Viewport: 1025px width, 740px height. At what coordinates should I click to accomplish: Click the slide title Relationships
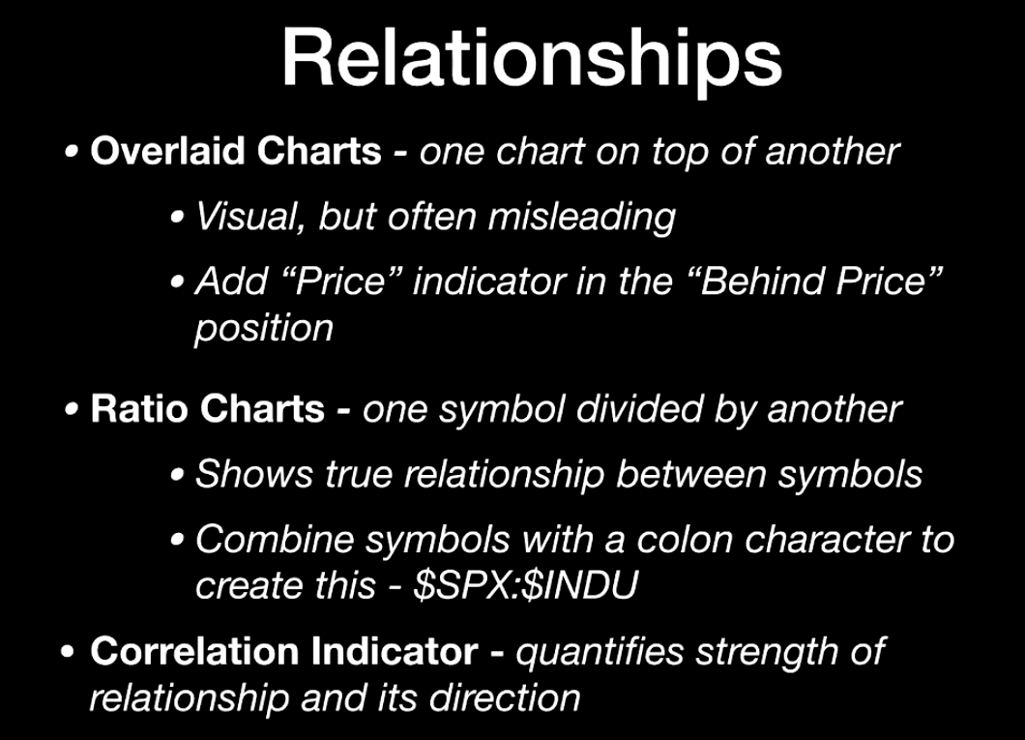tap(532, 61)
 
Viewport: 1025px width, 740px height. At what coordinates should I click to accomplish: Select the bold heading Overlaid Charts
tap(236, 151)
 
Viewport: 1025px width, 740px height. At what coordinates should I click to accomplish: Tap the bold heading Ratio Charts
tap(208, 409)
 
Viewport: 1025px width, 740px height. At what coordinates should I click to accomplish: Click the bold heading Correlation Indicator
tap(284, 652)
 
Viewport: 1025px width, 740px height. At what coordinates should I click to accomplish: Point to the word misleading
tap(582, 218)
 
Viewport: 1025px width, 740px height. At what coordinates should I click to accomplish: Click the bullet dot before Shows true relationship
tap(177, 476)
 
